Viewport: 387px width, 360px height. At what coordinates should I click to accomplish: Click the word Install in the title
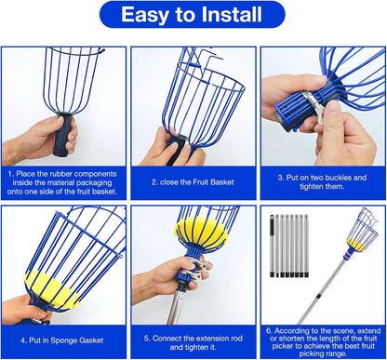click(232, 14)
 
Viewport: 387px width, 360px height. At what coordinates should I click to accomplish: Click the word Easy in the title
click(144, 15)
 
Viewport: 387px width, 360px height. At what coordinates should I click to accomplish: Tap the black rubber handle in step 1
click(64, 135)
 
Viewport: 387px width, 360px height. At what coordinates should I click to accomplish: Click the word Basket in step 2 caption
click(221, 182)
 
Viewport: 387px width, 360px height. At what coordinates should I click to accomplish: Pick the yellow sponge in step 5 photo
click(201, 232)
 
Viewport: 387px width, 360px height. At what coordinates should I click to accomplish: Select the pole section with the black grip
click(273, 245)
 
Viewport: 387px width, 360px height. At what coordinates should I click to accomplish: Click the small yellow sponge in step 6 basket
click(355, 245)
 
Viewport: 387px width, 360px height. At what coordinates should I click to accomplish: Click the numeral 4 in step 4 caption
click(22, 340)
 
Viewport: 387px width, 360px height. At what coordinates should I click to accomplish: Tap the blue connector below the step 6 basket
click(350, 253)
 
